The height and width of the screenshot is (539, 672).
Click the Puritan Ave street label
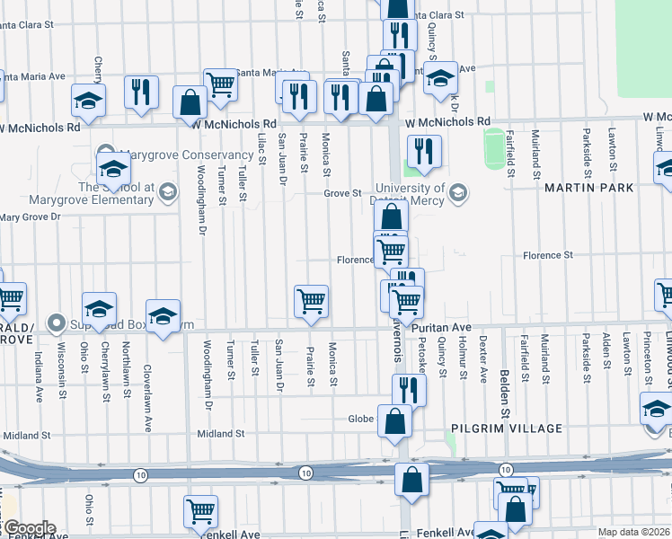[x=442, y=328]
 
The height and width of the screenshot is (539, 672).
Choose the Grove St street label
[x=342, y=193]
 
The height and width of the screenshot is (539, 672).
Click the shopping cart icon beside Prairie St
[x=311, y=301]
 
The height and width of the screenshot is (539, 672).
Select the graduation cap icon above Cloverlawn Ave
[x=164, y=316]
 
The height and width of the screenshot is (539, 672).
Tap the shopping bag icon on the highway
[x=411, y=479]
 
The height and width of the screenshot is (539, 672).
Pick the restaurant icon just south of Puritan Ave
[x=406, y=388]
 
